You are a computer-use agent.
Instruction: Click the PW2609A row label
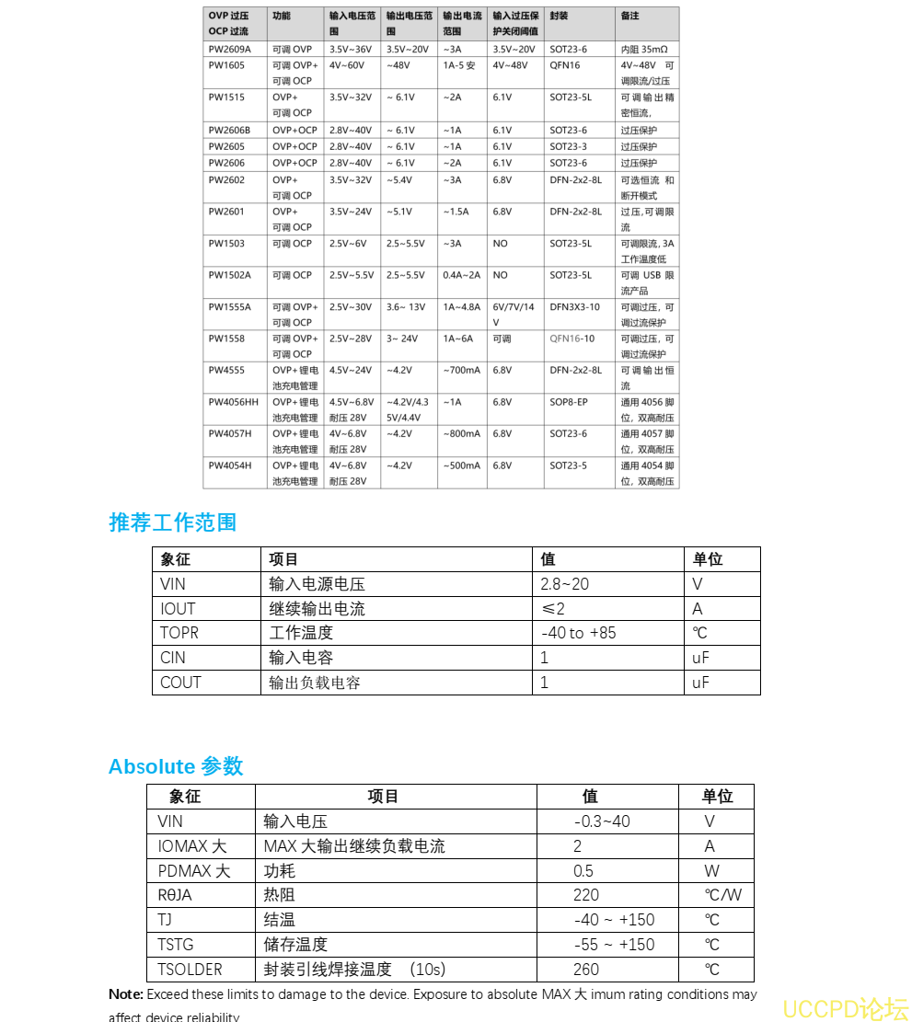pyautogui.click(x=229, y=49)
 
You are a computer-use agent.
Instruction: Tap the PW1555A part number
pyautogui.click(x=229, y=307)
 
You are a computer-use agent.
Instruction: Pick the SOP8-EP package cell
pyautogui.click(x=568, y=402)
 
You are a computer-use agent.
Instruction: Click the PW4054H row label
pyautogui.click(x=229, y=465)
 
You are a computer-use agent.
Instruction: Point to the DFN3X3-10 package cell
pyautogui.click(x=574, y=307)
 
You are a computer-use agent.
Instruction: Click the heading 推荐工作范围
pyautogui.click(x=173, y=522)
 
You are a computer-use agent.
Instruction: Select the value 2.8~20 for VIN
pyautogui.click(x=564, y=584)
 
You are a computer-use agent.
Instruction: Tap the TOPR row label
pyautogui.click(x=179, y=633)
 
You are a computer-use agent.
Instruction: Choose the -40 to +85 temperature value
pyautogui.click(x=578, y=633)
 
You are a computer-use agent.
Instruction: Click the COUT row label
pyautogui.click(x=180, y=683)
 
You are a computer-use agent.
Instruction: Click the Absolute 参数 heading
pyautogui.click(x=176, y=766)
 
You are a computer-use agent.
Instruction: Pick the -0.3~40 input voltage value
pyautogui.click(x=602, y=821)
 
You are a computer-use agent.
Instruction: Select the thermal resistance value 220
pyautogui.click(x=586, y=895)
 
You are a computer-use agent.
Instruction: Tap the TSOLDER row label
pyautogui.click(x=190, y=970)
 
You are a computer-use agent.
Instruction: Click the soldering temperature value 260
pyautogui.click(x=586, y=970)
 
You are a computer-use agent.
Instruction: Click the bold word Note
pyautogui.click(x=125, y=994)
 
